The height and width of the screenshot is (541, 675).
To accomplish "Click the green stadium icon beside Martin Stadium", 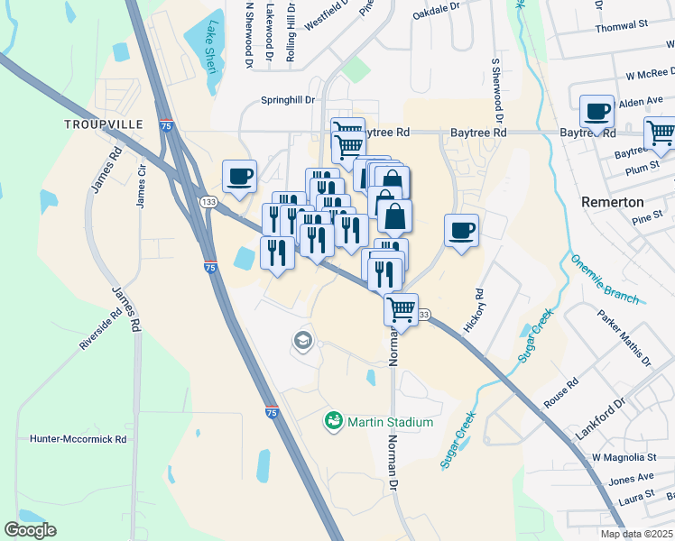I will [333, 421].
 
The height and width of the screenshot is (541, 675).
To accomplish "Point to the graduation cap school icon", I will [302, 341].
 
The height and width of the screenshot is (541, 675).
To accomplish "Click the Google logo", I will [31, 530].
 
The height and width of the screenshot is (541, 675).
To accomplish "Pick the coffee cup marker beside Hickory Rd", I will [461, 230].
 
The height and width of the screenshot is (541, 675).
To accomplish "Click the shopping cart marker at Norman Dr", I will [401, 309].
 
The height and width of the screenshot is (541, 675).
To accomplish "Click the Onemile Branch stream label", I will [605, 279].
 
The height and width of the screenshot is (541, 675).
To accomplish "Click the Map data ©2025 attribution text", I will [637, 534].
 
